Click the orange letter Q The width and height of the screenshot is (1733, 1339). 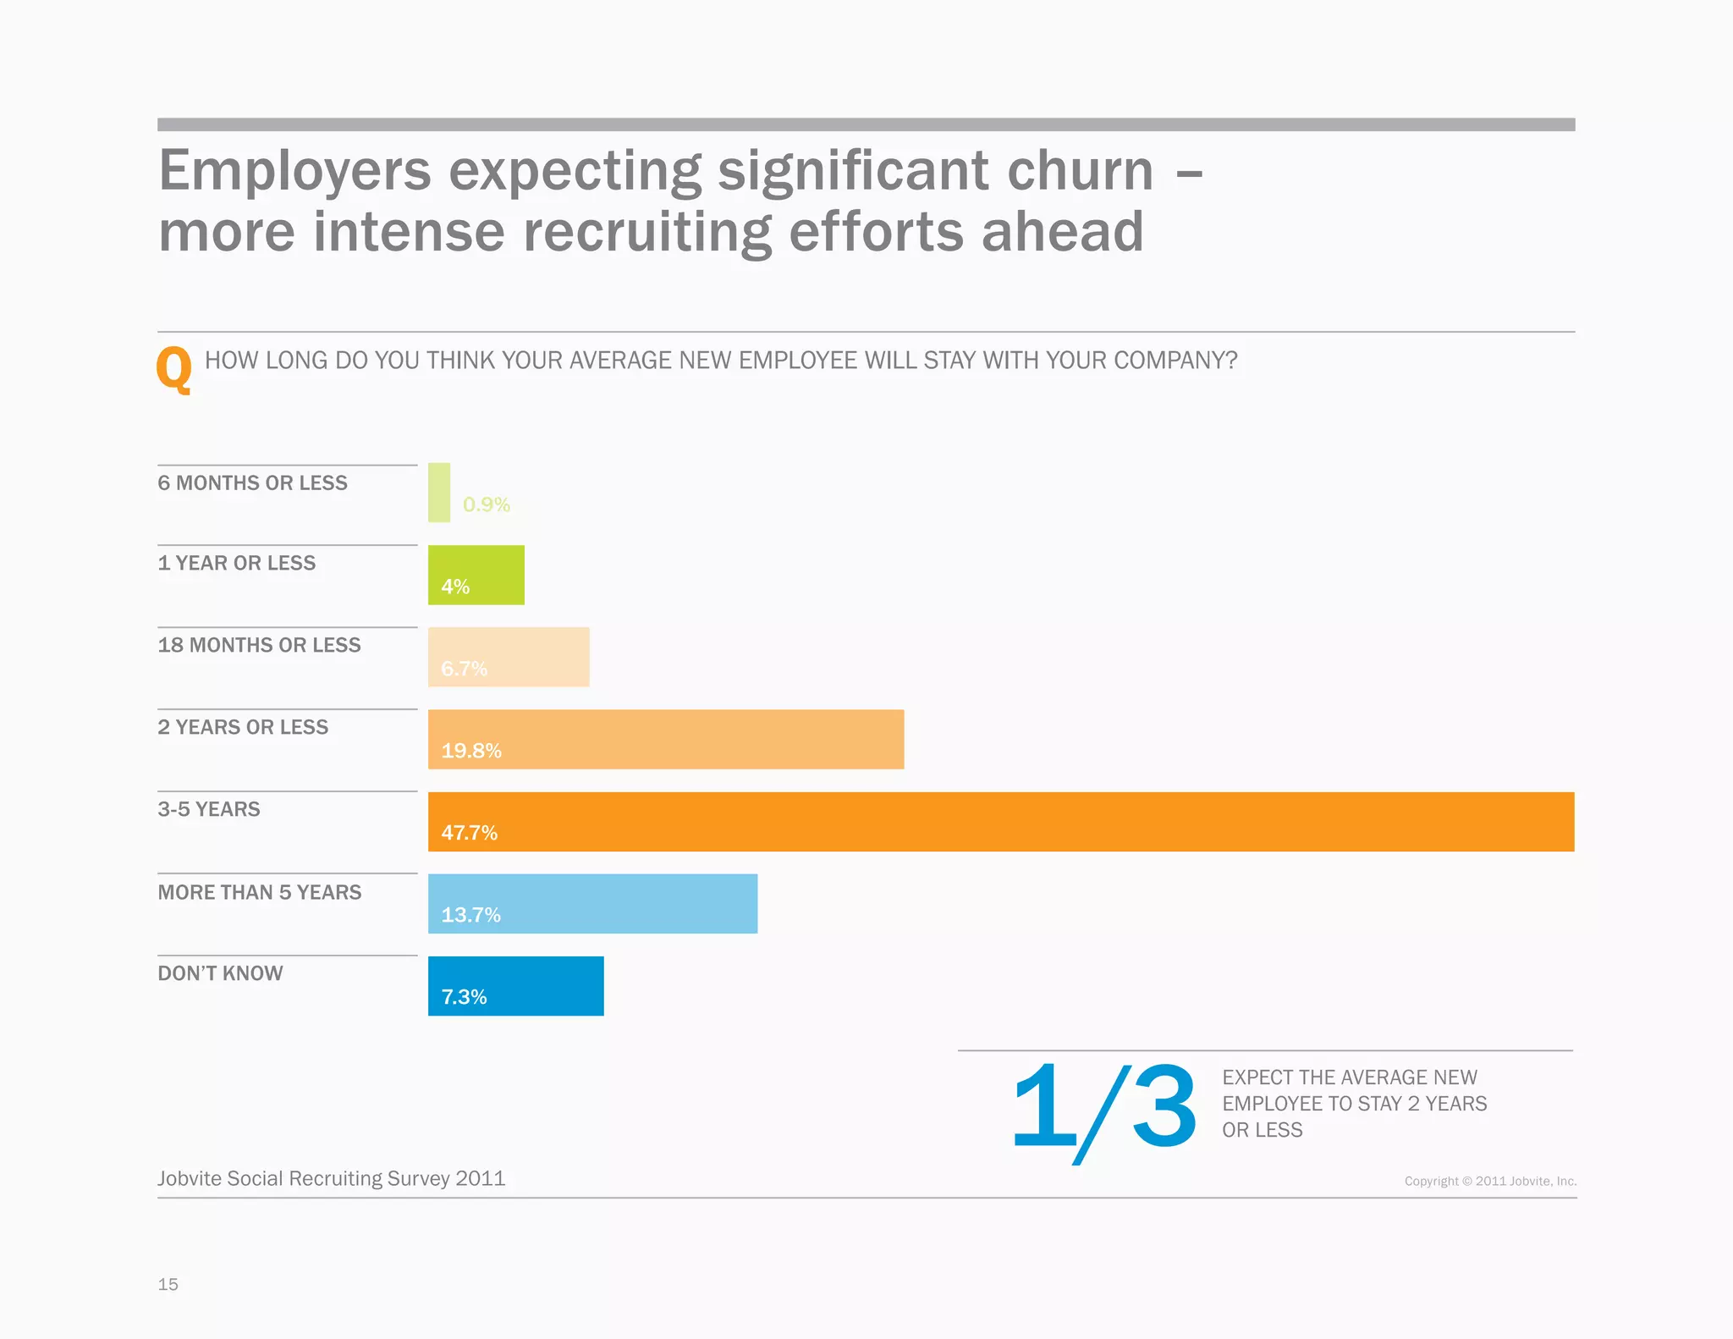[173, 369]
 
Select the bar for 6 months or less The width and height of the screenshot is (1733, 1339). [439, 492]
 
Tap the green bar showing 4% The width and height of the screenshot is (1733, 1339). [476, 575]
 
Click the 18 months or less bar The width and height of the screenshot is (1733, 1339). [509, 656]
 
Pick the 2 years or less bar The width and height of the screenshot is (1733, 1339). [666, 739]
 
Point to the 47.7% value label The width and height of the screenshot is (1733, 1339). [469, 833]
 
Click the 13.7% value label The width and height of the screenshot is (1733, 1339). [470, 915]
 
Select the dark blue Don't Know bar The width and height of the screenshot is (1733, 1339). [516, 985]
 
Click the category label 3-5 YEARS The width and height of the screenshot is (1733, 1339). [209, 809]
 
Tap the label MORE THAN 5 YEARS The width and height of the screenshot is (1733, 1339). [259, 892]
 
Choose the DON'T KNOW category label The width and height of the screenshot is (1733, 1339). [220, 973]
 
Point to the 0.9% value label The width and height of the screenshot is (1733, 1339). [486, 504]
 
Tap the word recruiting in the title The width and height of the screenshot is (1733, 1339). [647, 232]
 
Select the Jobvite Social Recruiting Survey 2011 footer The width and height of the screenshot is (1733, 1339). [331, 1178]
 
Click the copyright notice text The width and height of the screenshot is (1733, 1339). [1490, 1181]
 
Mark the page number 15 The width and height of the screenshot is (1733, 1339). [168, 1284]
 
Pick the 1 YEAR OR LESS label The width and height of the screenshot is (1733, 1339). [236, 563]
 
